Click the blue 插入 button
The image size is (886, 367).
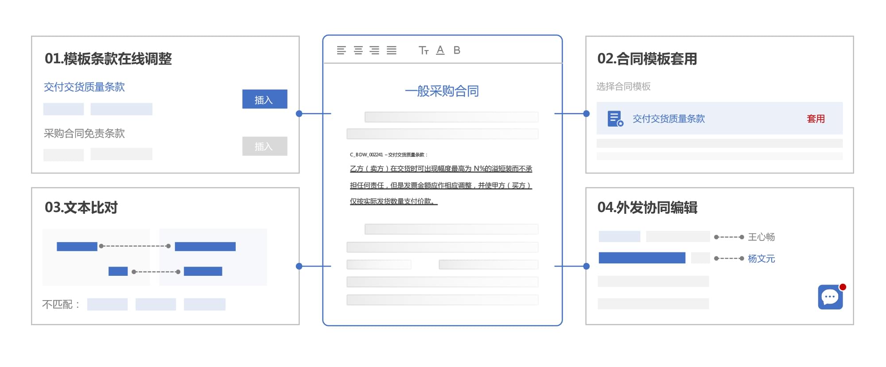coord(264,99)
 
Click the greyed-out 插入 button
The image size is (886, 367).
coord(264,146)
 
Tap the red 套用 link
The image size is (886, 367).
coord(815,119)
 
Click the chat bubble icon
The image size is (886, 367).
coord(830,297)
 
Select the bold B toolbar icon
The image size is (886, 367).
coord(457,50)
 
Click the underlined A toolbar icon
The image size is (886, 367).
coord(440,50)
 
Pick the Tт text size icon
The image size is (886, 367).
coord(424,50)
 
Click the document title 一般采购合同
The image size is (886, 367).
coord(442,91)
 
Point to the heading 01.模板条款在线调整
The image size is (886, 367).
coord(108,59)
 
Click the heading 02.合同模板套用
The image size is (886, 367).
coord(647,59)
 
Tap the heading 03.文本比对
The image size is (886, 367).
coord(81,208)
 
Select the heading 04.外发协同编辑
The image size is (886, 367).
coord(647,208)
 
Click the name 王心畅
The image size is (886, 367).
coord(761,237)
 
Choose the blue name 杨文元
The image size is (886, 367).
coord(761,259)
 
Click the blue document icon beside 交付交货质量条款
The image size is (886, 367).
coord(615,119)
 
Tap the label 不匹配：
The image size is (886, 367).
coord(61,305)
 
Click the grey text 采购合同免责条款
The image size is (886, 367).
coord(84,133)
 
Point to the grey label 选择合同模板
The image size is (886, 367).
coord(623,86)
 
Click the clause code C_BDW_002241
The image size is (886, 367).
coord(366,155)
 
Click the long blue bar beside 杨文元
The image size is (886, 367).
coord(641,258)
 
